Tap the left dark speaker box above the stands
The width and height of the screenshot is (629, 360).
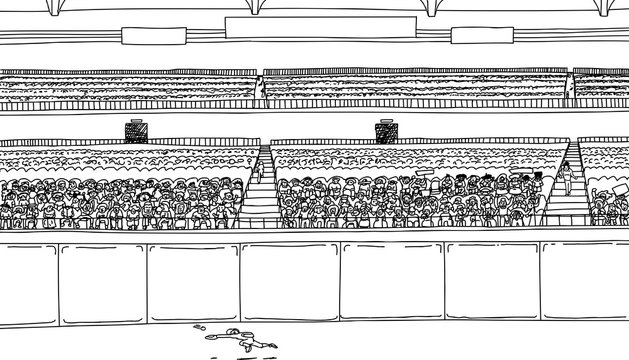[x=135, y=131]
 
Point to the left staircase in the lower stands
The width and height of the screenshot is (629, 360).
[x=258, y=190]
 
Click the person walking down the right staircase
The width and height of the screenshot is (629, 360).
[x=568, y=177]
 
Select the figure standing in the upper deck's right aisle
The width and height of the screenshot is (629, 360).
[x=571, y=88]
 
